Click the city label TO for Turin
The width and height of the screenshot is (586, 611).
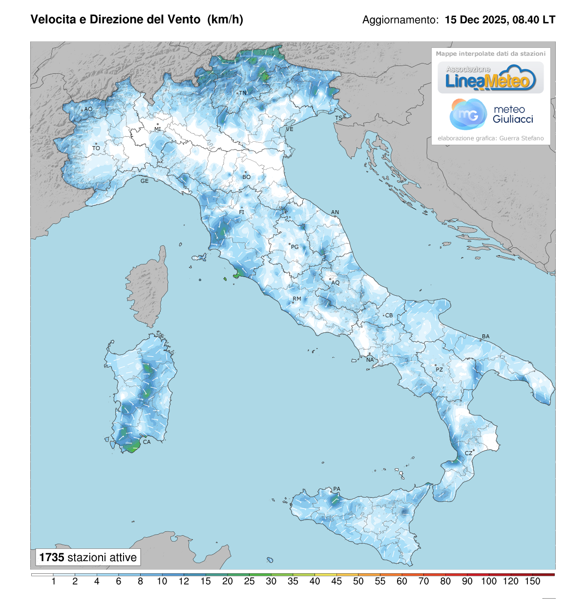pyautogui.click(x=96, y=148)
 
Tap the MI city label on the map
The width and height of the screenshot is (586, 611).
pyautogui.click(x=158, y=129)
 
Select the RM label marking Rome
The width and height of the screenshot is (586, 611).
pyautogui.click(x=297, y=299)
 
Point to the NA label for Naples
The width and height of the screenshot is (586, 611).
pyautogui.click(x=370, y=360)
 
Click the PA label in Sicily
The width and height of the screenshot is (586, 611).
pyautogui.click(x=336, y=489)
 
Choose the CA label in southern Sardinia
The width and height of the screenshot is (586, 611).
pyautogui.click(x=146, y=442)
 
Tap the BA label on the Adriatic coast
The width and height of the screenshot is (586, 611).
pyautogui.click(x=485, y=336)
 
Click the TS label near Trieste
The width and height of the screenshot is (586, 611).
pyautogui.click(x=338, y=118)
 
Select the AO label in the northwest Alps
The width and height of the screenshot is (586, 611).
pyautogui.click(x=88, y=109)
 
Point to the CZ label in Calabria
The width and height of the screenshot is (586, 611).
pyautogui.click(x=468, y=453)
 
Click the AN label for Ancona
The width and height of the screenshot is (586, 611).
pyautogui.click(x=335, y=212)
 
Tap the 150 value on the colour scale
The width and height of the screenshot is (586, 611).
pyautogui.click(x=532, y=581)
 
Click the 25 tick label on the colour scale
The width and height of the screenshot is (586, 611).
pyautogui.click(x=249, y=581)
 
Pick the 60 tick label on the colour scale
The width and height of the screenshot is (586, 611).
pyautogui.click(x=402, y=581)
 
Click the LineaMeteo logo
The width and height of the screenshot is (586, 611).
pyautogui.click(x=490, y=78)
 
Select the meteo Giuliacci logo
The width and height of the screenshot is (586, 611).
pyautogui.click(x=491, y=114)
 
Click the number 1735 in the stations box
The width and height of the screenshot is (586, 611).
pyautogui.click(x=52, y=557)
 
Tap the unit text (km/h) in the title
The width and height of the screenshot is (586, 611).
pyautogui.click(x=225, y=20)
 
